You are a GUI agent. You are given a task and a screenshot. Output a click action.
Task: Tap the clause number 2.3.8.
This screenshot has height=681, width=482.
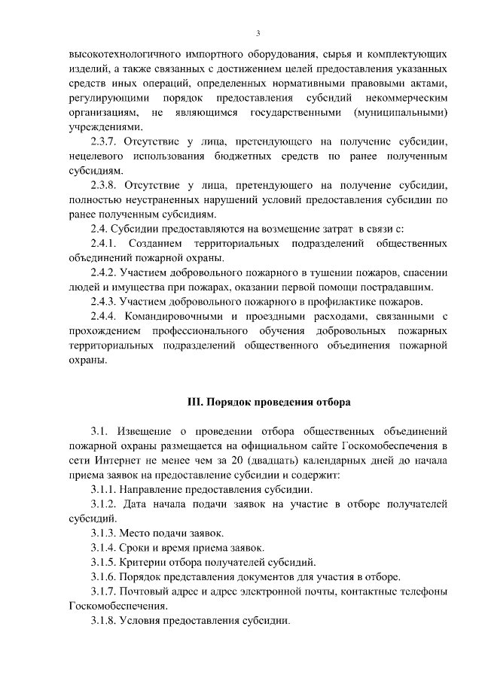tap(105, 185)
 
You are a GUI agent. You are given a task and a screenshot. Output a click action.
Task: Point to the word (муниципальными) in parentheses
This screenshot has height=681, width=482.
tap(398, 113)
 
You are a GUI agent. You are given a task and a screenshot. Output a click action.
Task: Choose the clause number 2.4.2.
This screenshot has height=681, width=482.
tap(105, 272)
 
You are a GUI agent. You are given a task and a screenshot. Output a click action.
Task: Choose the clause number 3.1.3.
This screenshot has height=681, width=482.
tap(105, 533)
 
